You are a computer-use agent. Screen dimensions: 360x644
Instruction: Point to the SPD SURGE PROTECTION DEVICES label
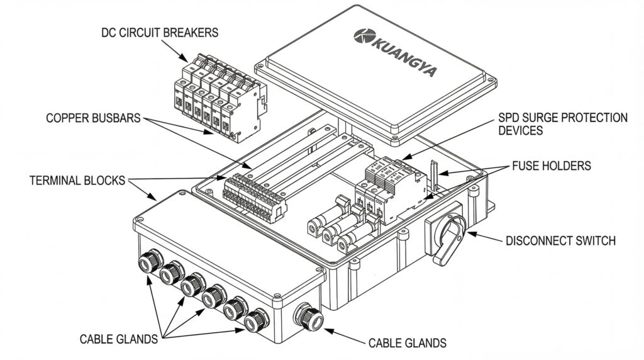[x=562, y=124]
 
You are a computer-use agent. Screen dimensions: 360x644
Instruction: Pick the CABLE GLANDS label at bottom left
[x=119, y=339]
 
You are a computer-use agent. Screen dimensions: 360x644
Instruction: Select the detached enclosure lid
[x=375, y=72]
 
